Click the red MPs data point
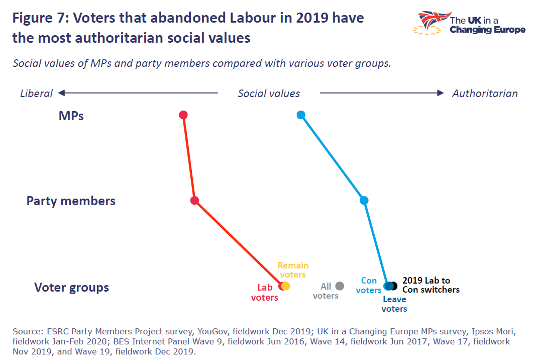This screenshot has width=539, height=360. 183,115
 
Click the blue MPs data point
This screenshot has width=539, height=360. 301,115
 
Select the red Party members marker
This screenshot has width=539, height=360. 195,201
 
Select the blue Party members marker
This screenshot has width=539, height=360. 364,201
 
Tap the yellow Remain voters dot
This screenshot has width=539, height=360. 286,286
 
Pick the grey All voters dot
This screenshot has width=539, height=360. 340,286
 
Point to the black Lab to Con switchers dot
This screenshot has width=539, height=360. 394,286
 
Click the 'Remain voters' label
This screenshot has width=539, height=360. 293,270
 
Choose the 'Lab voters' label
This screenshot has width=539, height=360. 264,293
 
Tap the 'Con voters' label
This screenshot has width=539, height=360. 369,285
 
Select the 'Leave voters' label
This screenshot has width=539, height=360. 394,304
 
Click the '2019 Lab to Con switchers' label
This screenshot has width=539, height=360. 430,285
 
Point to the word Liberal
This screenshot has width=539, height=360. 36,94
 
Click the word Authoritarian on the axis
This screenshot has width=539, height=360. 485,94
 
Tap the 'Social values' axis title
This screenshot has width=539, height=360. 269,94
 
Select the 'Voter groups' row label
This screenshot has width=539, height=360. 71,288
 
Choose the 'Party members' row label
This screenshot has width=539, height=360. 71,201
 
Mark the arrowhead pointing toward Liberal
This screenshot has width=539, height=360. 62,93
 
